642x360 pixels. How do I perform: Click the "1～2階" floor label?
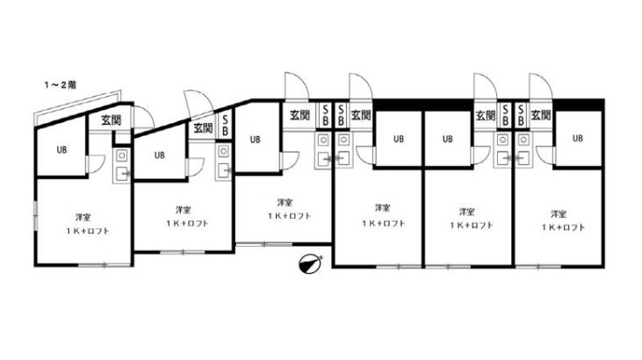point(61,85)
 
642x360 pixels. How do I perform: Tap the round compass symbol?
point(309,264)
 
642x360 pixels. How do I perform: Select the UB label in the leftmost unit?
point(61,150)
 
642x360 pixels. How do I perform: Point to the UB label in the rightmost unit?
point(578,139)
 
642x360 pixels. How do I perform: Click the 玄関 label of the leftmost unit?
point(111,120)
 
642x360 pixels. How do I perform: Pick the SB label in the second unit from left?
point(225,126)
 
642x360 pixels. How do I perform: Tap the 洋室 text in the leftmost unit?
point(83,217)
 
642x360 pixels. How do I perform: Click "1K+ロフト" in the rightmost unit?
point(564,227)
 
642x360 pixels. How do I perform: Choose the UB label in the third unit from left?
point(255,140)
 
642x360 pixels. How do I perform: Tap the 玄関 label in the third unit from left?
point(299,115)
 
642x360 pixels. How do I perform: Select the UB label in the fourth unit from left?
point(399,139)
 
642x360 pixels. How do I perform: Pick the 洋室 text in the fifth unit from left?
point(466,212)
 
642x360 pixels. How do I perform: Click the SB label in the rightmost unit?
point(521,115)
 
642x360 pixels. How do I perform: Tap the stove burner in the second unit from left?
point(223,152)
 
